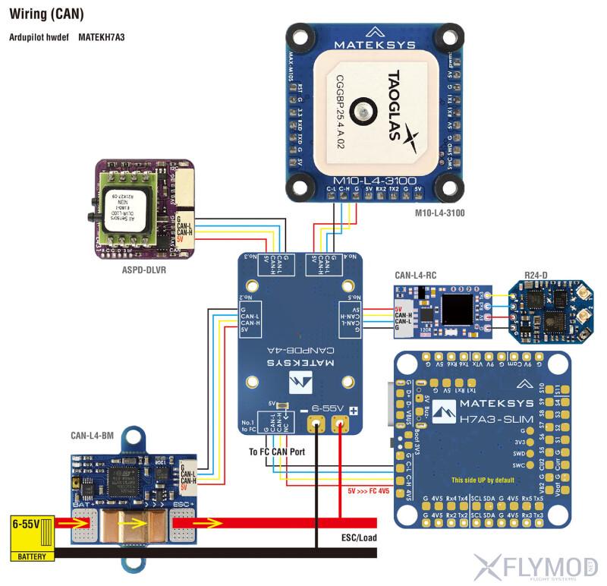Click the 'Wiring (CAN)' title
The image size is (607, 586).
click(x=46, y=14)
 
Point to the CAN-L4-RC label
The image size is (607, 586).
click(x=416, y=275)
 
